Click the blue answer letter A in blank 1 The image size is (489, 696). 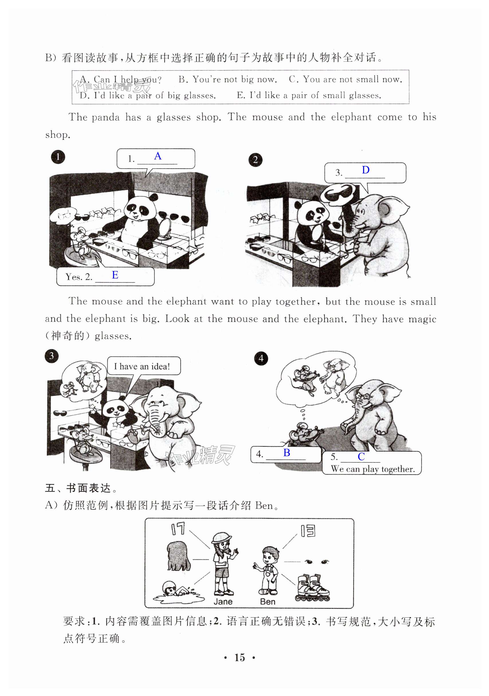coord(158,156)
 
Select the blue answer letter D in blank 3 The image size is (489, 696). coord(366,170)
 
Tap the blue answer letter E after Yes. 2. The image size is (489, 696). coord(115,275)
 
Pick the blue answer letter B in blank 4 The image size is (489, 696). coord(287,452)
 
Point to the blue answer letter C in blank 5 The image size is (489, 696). coord(361,456)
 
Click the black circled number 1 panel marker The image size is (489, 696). coord(58,157)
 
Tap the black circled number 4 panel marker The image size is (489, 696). coord(261,359)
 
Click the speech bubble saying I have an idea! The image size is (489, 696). coord(144,366)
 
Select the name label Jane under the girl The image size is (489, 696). coord(223,602)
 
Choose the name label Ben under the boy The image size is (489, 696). coord(268,602)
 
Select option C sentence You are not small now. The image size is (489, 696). coord(345,80)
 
